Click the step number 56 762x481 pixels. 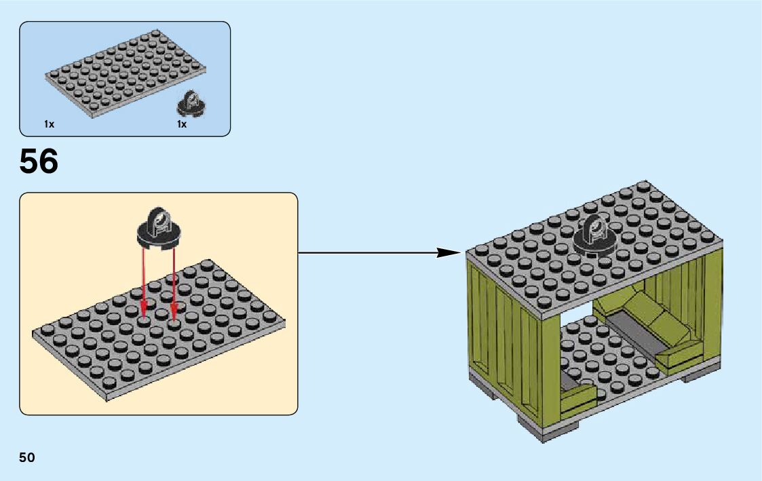(x=39, y=161)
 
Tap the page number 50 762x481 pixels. (x=27, y=457)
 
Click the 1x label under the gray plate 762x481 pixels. (x=49, y=124)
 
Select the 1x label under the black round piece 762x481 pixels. (x=182, y=124)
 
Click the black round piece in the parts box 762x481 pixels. (x=191, y=103)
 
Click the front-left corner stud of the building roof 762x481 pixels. (x=481, y=250)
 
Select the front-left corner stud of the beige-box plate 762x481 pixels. (x=47, y=330)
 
